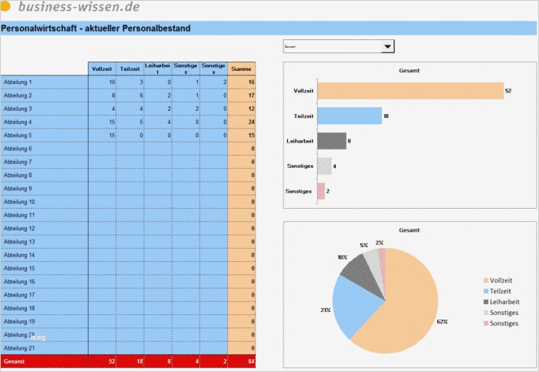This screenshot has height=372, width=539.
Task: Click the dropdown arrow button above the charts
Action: (389, 47)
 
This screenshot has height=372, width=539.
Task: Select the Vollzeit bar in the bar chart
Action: (410, 91)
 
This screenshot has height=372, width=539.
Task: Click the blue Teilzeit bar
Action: (350, 116)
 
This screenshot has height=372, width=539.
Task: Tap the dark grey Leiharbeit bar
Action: (332, 141)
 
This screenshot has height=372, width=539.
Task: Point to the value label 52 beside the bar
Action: (508, 91)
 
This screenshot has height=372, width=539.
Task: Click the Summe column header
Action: (242, 69)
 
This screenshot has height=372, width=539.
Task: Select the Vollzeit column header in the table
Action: (102, 69)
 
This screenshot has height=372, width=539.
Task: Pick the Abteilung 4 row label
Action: (18, 122)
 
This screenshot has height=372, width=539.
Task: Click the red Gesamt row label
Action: (14, 360)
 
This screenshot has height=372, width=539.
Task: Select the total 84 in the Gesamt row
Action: (250, 360)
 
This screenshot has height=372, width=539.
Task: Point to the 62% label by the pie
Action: (442, 321)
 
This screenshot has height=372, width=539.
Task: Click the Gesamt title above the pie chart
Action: (409, 230)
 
